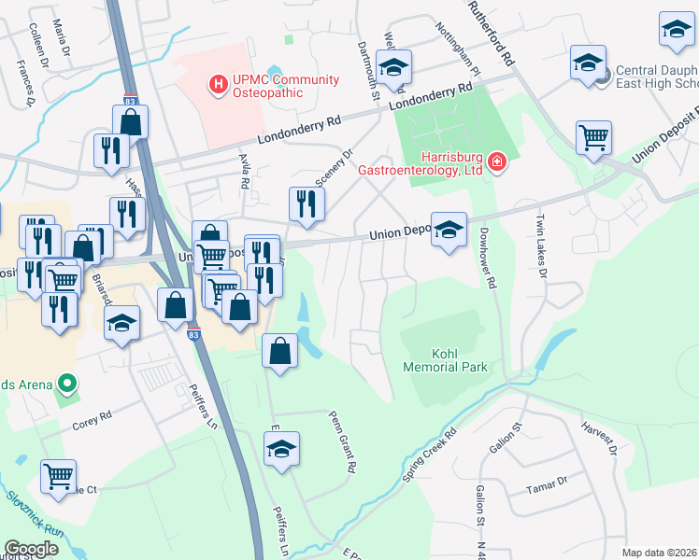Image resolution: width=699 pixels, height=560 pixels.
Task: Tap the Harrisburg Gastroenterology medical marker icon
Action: point(497,164)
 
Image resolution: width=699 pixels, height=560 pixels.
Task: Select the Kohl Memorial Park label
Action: point(446,360)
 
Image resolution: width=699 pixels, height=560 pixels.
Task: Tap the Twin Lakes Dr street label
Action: point(540,246)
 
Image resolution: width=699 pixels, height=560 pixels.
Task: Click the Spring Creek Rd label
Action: point(430,456)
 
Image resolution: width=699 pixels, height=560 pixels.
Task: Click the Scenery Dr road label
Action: point(336,170)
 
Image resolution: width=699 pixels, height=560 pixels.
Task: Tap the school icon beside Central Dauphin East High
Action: point(587,63)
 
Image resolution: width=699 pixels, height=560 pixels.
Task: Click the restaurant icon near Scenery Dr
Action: point(307,203)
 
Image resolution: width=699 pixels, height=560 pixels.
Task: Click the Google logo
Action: point(31,549)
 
